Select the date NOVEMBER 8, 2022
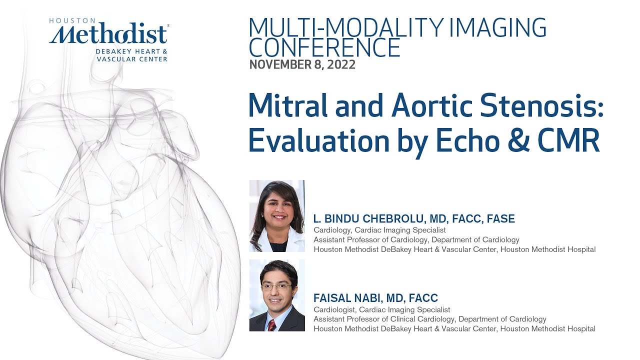(302, 64)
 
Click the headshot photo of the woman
(276, 215)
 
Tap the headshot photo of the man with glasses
(276, 295)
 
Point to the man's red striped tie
(271, 325)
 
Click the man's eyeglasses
(276, 287)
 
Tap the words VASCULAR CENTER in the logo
(132, 58)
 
